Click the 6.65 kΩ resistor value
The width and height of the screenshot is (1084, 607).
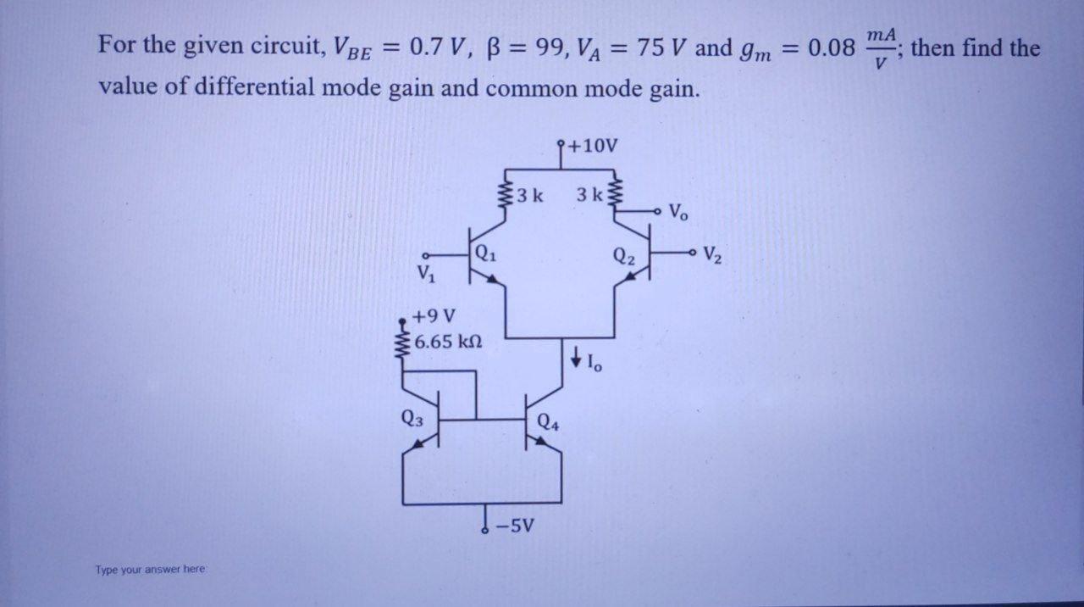(x=449, y=342)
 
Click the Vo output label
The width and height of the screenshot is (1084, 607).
(x=678, y=212)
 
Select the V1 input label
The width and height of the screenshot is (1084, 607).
(x=424, y=275)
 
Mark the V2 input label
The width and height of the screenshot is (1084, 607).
(x=712, y=253)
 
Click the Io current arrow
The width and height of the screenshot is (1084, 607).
(x=577, y=359)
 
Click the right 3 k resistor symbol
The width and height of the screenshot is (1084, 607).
(x=616, y=197)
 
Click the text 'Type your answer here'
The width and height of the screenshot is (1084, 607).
(x=150, y=570)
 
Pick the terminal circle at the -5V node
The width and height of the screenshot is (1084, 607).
(x=485, y=531)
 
